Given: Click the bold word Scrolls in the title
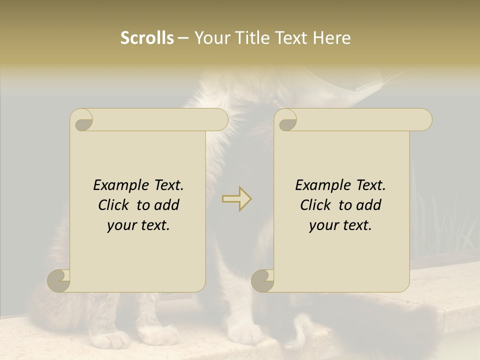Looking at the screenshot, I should click(147, 37).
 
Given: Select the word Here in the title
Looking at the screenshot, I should click(331, 37).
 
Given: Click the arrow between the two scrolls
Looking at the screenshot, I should click(237, 199).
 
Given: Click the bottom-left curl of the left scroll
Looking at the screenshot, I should click(59, 281).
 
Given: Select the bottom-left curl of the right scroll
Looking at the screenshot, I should click(262, 281).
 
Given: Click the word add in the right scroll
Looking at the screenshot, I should click(368, 205).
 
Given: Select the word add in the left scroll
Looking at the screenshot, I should click(166, 205).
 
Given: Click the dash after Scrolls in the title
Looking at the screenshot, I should click(183, 38).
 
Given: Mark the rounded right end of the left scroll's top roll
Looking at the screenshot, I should click(220, 119).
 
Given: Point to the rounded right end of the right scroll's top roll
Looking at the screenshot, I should click(424, 119).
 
